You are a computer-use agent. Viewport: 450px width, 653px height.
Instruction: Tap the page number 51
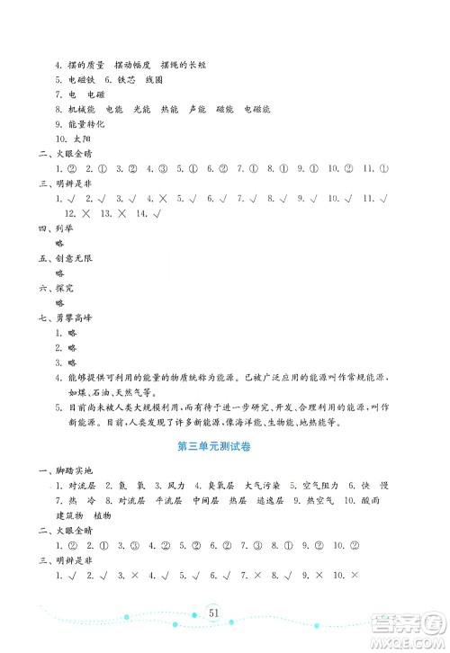(213, 612)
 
